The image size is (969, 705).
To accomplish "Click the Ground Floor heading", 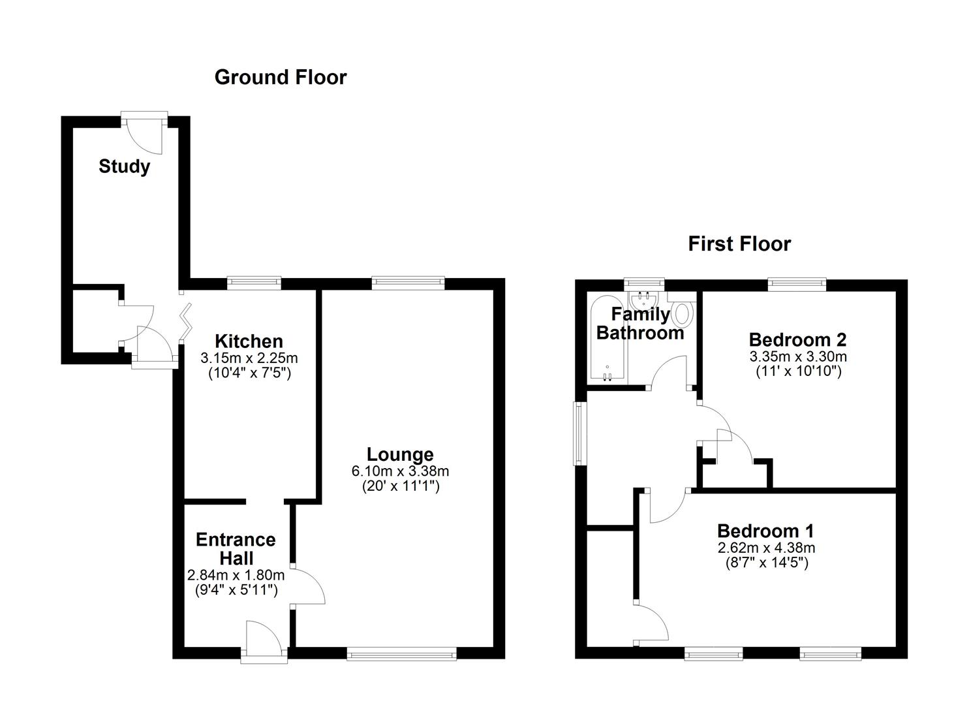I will [281, 77].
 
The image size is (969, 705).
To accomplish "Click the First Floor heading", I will [739, 243].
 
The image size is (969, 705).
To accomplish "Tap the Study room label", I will [124, 166].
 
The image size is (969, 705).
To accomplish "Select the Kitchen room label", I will [249, 341].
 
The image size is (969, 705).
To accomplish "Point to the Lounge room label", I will [400, 454].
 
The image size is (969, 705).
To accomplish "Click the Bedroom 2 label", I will [797, 339].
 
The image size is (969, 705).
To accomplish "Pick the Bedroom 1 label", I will [765, 531].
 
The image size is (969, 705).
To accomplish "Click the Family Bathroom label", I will [640, 324].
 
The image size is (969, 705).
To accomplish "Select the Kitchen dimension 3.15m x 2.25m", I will [249, 358].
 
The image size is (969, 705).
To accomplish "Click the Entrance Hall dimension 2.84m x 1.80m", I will [236, 575].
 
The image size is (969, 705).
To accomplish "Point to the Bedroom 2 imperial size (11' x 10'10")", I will [798, 371].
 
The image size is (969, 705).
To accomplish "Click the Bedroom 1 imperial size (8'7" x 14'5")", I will [766, 563].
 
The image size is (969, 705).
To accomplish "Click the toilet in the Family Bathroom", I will [683, 313].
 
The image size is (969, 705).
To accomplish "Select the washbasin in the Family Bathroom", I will [643, 300].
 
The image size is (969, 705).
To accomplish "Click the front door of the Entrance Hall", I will [264, 643].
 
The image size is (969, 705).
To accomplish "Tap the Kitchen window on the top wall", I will [254, 283].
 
